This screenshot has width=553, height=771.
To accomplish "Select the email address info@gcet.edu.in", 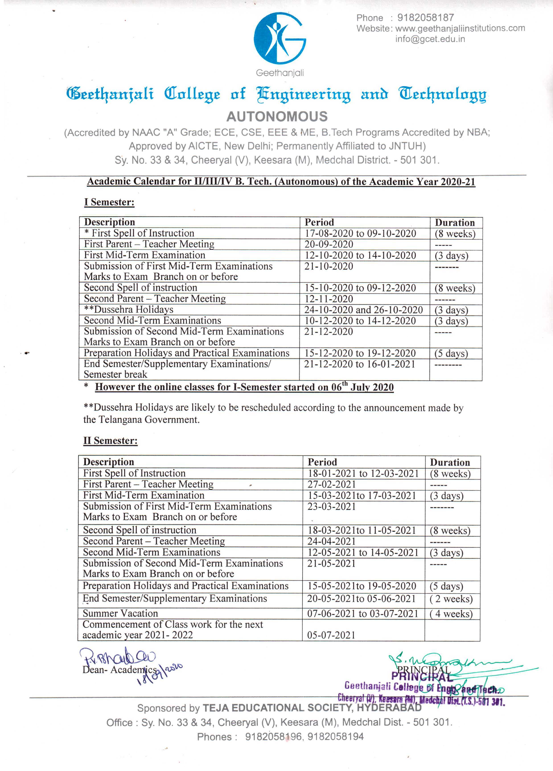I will [430, 39].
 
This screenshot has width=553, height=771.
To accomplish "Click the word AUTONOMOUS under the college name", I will [277, 117].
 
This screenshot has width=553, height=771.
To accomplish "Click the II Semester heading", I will [110, 441].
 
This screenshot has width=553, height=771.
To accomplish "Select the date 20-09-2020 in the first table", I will [329, 245].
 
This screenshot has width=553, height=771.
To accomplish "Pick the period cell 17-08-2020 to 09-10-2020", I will [360, 234].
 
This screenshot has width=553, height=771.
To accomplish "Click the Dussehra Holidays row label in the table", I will [129, 310].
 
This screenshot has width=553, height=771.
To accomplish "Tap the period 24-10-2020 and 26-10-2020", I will [363, 310].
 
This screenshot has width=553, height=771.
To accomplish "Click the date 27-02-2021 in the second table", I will [331, 484].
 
